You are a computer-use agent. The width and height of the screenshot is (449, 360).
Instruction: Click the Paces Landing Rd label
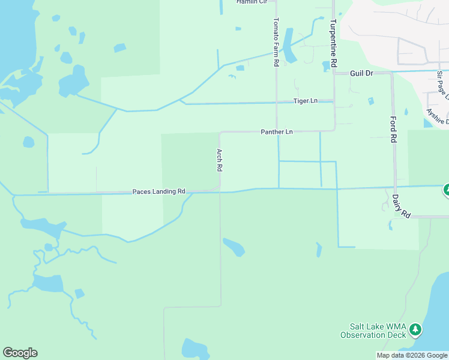(x=158, y=191)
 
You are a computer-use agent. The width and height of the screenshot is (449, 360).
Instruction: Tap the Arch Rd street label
(x=220, y=160)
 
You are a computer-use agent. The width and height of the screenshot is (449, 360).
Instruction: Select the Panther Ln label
(x=276, y=131)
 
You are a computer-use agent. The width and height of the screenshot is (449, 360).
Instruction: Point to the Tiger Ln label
(x=305, y=101)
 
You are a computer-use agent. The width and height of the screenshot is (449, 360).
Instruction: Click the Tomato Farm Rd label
(x=276, y=42)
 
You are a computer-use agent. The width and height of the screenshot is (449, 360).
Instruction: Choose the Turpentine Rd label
(x=332, y=43)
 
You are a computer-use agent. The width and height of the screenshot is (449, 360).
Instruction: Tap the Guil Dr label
(x=362, y=73)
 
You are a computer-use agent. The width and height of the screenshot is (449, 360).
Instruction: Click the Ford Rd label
(x=394, y=130)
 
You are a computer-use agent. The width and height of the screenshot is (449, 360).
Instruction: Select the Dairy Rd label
(x=400, y=205)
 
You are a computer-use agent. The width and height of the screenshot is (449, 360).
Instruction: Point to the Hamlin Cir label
(x=251, y=2)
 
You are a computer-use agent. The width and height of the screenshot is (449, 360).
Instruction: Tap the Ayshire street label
(x=437, y=114)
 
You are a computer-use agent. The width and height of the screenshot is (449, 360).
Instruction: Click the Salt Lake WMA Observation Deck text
(x=372, y=331)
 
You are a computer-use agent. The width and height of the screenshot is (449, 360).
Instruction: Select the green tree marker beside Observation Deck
(x=415, y=329)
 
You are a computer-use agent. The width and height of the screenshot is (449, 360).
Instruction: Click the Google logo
(x=20, y=353)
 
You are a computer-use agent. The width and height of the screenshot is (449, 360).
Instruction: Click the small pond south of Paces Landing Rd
(x=234, y=247)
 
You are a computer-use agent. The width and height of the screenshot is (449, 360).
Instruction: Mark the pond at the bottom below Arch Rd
(x=195, y=348)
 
